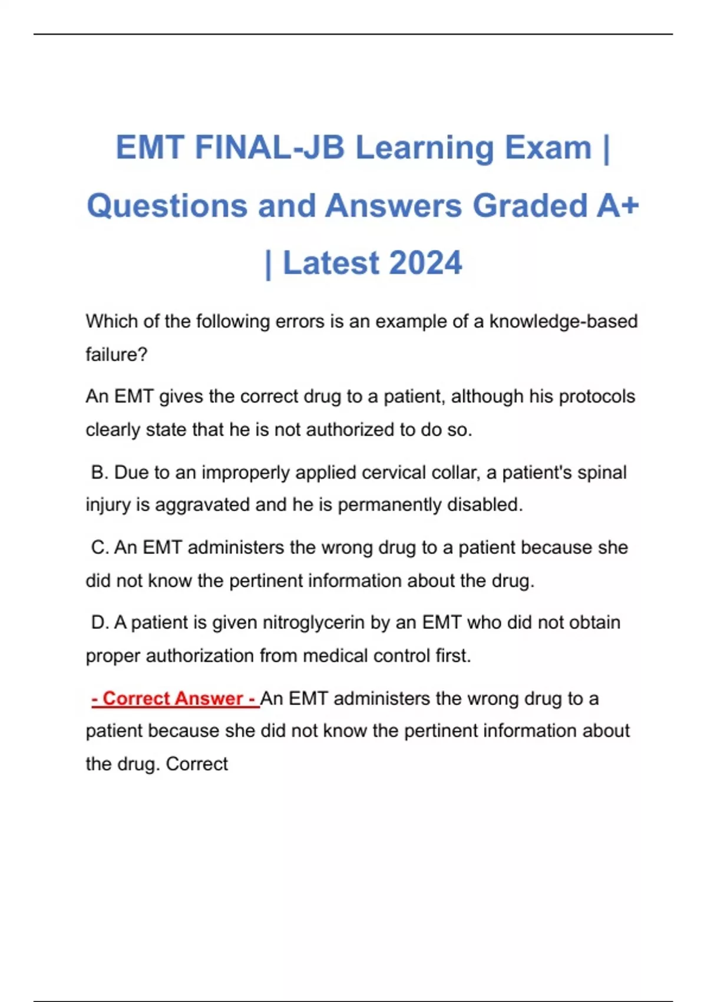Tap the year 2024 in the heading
point(425,263)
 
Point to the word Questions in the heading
point(167,206)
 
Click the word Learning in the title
point(424,147)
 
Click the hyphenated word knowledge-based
point(564,321)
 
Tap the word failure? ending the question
point(116,354)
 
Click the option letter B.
point(98,472)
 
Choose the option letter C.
point(99,547)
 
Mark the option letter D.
point(99,622)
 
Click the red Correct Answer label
point(174,698)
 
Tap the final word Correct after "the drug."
point(197,764)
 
